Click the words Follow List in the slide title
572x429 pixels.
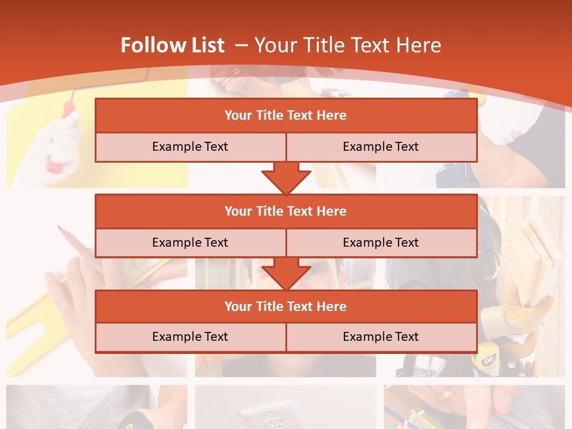(172, 45)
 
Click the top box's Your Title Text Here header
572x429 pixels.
(285, 116)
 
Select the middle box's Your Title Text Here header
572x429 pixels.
(285, 211)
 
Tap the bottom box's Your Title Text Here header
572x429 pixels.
(285, 306)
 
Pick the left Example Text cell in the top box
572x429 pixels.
(190, 147)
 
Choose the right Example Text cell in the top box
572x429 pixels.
(381, 147)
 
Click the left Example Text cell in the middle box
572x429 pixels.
(190, 243)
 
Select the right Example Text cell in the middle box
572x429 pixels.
(381, 243)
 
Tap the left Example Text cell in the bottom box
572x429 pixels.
(190, 337)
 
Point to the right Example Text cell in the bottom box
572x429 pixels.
(381, 337)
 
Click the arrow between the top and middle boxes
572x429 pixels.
(286, 178)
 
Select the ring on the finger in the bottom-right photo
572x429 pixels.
(446, 395)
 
